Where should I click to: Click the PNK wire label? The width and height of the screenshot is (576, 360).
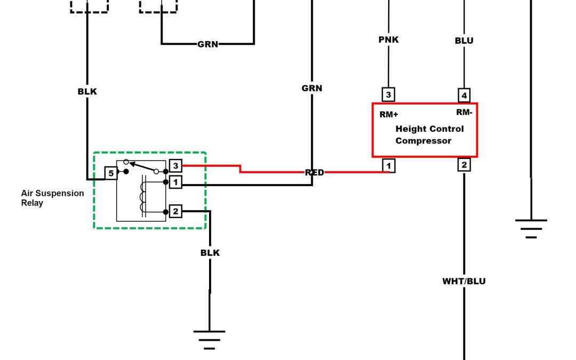[x=388, y=40]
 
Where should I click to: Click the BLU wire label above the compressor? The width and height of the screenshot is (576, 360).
[x=464, y=41]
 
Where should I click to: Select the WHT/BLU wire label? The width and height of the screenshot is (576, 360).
[x=464, y=281]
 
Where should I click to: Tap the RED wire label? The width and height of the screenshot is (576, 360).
[x=314, y=172]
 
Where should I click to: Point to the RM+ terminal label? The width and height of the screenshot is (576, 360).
[x=389, y=114]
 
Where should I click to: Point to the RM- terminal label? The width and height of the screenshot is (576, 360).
[x=464, y=112]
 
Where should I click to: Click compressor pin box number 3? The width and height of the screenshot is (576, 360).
[x=388, y=95]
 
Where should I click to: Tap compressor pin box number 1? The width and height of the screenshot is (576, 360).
[x=389, y=166]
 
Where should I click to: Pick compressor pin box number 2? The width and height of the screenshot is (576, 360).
[x=464, y=165]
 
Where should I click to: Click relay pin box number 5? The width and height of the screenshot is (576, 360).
[x=111, y=173]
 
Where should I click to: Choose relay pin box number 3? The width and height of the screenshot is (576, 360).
[x=175, y=166]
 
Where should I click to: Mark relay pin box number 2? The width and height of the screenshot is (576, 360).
[x=175, y=212]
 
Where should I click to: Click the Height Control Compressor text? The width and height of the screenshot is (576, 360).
[x=429, y=135]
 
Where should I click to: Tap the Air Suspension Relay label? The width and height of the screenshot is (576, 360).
[x=52, y=198]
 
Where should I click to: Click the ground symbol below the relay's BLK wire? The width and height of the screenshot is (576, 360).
[x=209, y=339]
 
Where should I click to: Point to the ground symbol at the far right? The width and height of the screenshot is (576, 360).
[x=531, y=228]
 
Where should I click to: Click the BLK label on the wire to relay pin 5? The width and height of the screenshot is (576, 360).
[x=87, y=92]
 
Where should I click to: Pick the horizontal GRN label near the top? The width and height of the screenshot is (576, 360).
[x=207, y=44]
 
